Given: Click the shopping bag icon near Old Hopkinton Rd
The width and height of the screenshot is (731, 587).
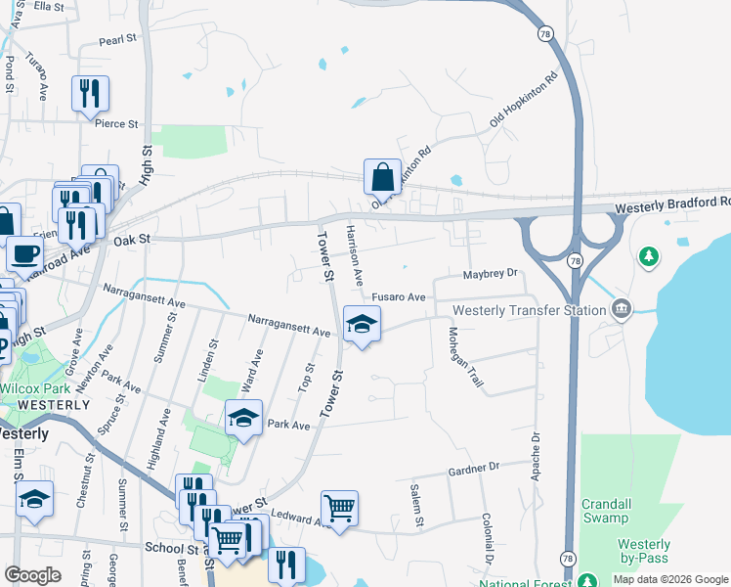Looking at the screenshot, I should click(x=382, y=178).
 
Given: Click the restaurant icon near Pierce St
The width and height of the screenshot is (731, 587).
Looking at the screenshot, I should click(x=90, y=94).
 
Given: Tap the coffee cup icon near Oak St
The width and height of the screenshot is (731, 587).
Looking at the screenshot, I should click(x=25, y=254).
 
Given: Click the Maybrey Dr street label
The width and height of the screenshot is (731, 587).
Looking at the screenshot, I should click(x=489, y=274).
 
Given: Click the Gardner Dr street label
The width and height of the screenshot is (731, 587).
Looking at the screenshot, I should click(x=474, y=468).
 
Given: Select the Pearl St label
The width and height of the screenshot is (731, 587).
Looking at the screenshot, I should click(x=116, y=41).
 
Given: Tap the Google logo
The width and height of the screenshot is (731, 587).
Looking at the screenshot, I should click(x=32, y=575).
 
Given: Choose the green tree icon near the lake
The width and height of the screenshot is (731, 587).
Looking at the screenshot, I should click(x=647, y=257).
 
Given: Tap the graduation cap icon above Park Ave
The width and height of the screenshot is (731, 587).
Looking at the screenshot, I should click(x=243, y=419).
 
